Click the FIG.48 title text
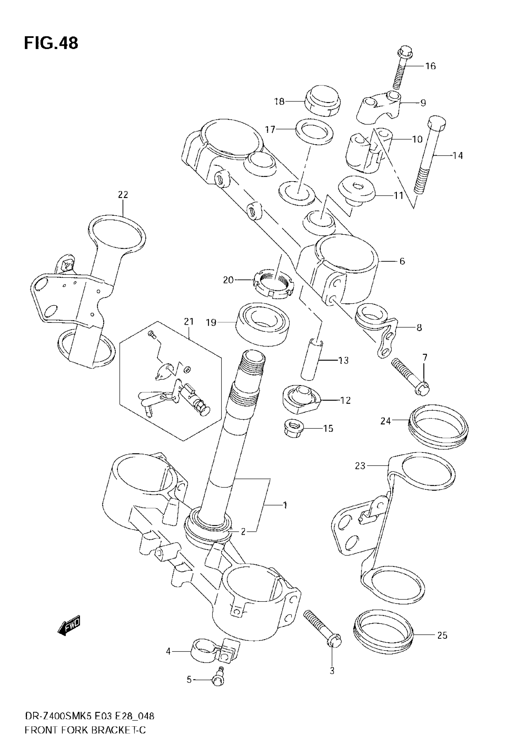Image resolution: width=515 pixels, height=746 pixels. pos(51,43)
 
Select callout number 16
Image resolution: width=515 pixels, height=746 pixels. pos(430,66)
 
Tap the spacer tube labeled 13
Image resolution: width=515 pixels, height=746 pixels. pos(311,359)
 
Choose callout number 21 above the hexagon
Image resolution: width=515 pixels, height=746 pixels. pos(189,321)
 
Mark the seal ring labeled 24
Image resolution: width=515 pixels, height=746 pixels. pos(439,427)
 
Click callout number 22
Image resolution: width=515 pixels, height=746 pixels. pos(123,195)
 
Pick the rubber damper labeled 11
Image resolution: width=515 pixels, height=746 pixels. pos(356,191)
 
